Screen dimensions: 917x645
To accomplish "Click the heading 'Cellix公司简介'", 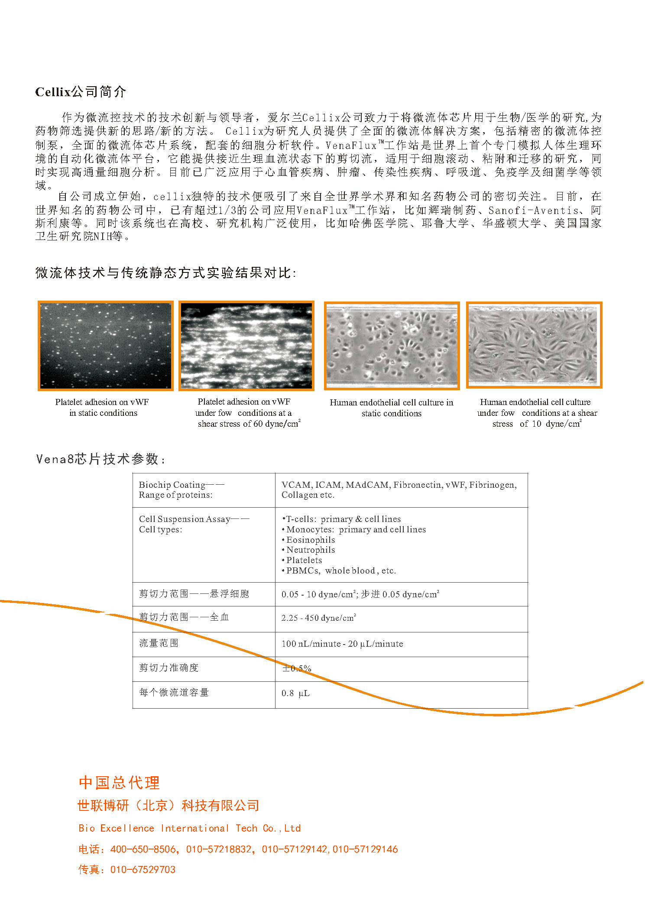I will pos(81,92).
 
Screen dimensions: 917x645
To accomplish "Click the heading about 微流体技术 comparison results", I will pos(165,273).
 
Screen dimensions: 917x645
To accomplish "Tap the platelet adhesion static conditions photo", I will pos(105,346).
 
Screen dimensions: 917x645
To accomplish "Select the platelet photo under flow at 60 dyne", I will pos(246,346).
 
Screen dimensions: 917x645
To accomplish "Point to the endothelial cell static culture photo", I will pos(392,346).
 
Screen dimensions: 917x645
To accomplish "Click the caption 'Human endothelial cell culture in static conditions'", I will pos(391,408).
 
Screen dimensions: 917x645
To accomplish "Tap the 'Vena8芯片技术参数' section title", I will pos(100,459).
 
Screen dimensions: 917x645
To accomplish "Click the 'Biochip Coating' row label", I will pos(182,490).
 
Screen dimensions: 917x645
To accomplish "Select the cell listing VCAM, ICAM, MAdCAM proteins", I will pos(399,490).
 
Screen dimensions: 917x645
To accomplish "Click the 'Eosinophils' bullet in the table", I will pos(310,540).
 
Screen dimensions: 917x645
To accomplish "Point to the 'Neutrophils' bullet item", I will pos(310,550).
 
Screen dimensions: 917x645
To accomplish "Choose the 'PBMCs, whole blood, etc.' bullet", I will pos(340,571).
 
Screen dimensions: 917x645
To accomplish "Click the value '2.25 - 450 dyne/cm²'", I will pos(318,618).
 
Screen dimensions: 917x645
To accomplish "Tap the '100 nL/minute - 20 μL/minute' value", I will pos(342,644).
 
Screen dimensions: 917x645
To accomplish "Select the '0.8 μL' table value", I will pos(295,693).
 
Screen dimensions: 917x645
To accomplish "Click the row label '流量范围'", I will pos(159,643).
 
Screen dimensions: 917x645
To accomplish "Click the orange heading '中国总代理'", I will pos(119,783).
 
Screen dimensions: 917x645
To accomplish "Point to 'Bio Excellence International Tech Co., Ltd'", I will pos(189,829).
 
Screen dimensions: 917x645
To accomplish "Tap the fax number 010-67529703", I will pos(143,870).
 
